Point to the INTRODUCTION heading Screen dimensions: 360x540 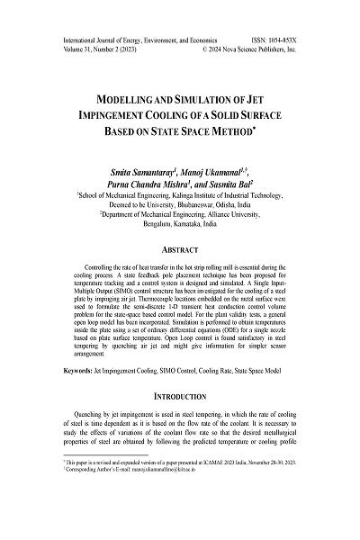pos(180,420)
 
